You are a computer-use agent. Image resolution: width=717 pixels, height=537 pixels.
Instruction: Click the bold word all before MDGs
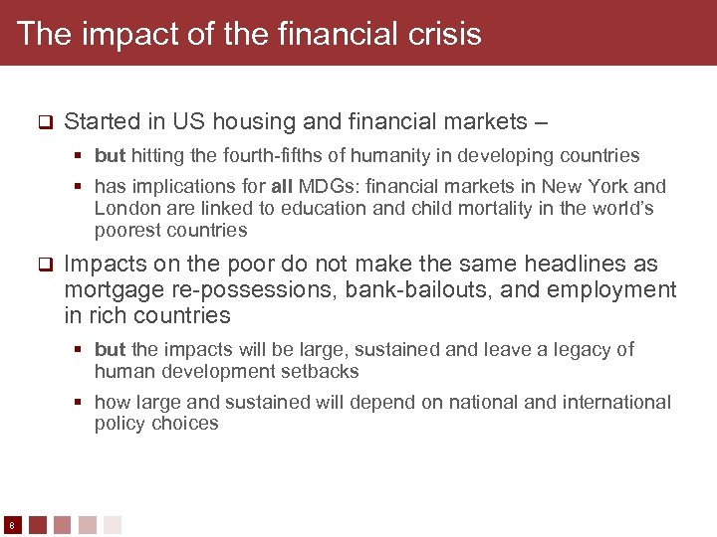[x=281, y=186]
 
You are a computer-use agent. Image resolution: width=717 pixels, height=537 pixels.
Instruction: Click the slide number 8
[x=10, y=525]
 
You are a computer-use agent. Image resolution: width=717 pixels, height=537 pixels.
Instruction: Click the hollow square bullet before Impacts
[x=44, y=266]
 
